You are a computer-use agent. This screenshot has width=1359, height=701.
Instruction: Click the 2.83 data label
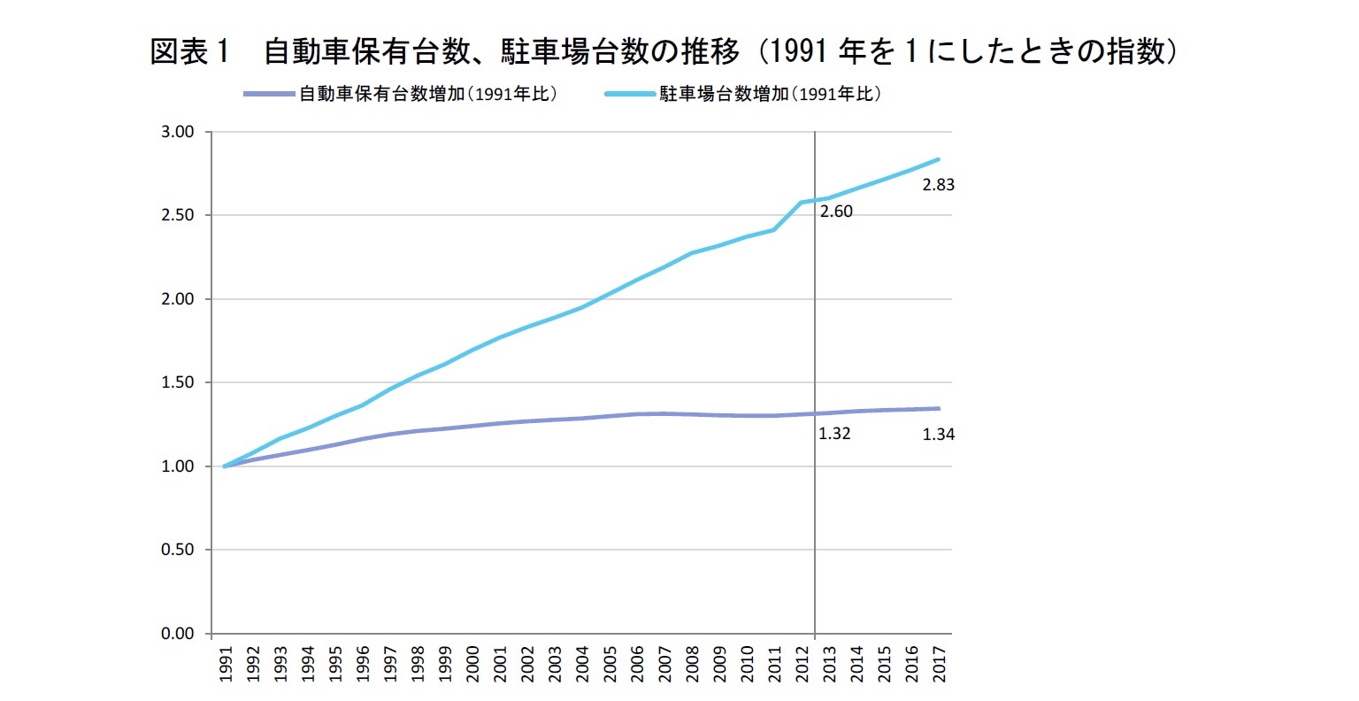point(938,186)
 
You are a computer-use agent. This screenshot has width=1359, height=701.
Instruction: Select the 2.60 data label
point(836,212)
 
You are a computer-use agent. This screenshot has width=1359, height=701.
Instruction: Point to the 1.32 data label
point(834,435)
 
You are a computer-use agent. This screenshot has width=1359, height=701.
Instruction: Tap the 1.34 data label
point(938,435)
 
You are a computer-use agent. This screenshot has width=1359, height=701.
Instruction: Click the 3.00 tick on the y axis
point(178,132)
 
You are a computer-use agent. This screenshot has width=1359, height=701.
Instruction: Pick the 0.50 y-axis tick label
point(178,550)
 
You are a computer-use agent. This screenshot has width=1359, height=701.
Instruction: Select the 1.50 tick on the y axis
point(178,382)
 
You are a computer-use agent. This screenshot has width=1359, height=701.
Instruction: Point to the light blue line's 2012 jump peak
point(802,203)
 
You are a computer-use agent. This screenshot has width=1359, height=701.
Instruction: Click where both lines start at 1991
point(225,466)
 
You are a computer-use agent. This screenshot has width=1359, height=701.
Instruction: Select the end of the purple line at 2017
point(940,409)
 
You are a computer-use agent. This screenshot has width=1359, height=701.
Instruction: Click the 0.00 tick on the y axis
point(178,634)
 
